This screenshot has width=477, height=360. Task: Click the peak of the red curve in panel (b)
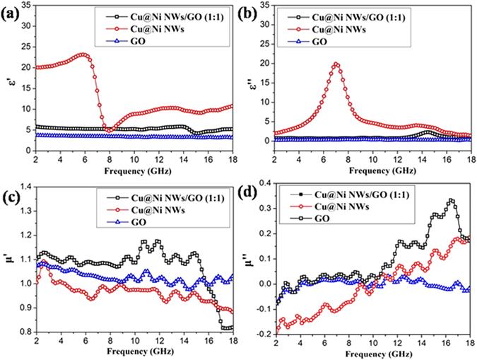pos(336,64)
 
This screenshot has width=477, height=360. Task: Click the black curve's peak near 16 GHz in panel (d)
pos(452,200)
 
